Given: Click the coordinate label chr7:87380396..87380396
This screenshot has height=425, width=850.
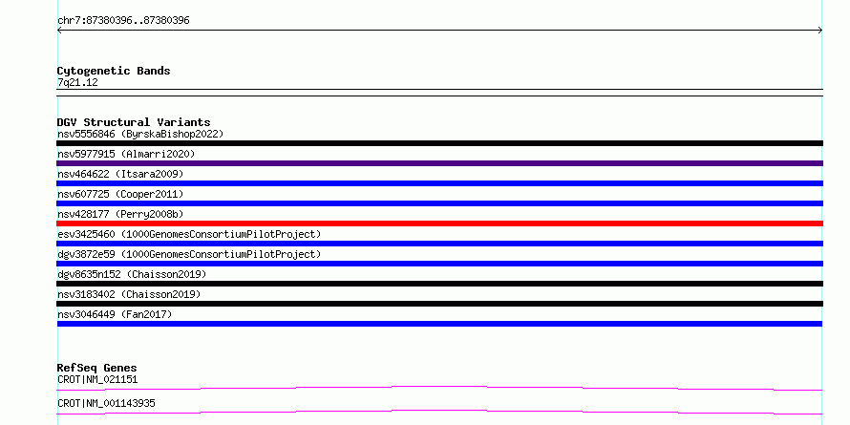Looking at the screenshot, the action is [x=123, y=21].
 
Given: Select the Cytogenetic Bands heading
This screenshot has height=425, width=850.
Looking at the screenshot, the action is [x=114, y=71].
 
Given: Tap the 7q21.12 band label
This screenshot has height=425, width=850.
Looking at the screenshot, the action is [x=77, y=82].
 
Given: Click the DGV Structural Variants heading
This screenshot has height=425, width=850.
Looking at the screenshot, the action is [x=134, y=122].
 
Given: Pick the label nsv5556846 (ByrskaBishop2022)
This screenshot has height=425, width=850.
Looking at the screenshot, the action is [x=140, y=134].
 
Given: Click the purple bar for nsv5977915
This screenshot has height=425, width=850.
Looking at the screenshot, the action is [x=439, y=163].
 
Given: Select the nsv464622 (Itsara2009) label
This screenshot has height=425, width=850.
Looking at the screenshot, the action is [x=120, y=174].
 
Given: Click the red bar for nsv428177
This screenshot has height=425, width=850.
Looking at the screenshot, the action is [x=439, y=223].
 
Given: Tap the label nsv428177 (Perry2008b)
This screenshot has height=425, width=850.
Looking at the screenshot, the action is [x=120, y=214].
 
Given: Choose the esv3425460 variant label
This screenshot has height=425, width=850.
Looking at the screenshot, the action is [x=189, y=234].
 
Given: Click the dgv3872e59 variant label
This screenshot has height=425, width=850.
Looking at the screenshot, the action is [x=189, y=254].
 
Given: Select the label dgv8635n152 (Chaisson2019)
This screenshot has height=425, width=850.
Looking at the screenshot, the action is [x=132, y=274].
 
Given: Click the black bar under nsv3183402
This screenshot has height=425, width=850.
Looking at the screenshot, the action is [x=439, y=304].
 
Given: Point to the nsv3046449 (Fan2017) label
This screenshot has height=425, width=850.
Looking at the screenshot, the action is [x=115, y=314].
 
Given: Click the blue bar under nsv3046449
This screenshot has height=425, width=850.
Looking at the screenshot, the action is [x=439, y=324].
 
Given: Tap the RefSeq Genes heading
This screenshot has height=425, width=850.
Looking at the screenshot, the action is [x=97, y=368].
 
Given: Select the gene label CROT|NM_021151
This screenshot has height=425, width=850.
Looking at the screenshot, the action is [x=97, y=379].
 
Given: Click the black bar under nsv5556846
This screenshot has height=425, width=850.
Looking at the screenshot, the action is [x=439, y=143].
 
